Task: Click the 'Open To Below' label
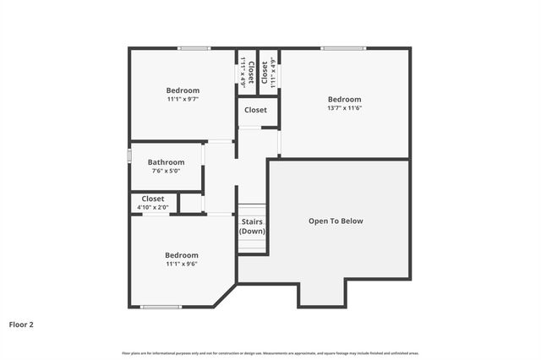click(336, 221)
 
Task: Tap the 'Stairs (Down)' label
click(252, 226)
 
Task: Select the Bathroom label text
click(166, 162)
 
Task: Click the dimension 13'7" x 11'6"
click(344, 108)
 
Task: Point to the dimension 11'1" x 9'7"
click(183, 100)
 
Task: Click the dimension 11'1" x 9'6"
click(181, 265)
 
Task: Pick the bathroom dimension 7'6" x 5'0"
click(166, 171)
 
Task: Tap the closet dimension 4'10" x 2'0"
click(153, 207)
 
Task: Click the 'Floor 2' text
click(21, 324)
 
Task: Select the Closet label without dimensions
click(255, 110)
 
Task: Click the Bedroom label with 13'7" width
click(344, 99)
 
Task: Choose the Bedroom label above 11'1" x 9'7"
click(183, 90)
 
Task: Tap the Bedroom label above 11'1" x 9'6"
click(181, 255)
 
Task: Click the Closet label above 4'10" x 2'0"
click(153, 199)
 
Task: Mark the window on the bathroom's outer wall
click(129, 156)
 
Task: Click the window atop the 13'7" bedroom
click(342, 48)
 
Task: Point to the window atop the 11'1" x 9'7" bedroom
click(194, 48)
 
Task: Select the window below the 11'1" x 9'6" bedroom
click(161, 307)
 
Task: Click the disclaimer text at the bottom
click(270, 352)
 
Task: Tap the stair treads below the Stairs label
click(252, 244)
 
